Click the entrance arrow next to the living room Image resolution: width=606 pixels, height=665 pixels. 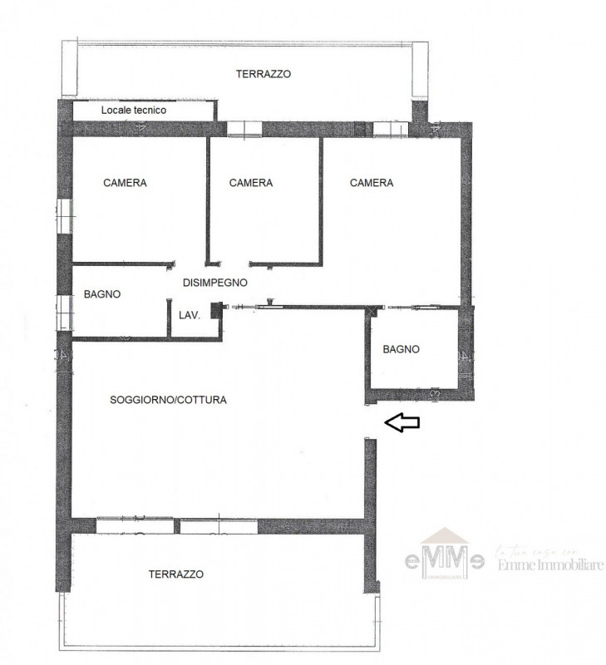pyautogui.click(x=402, y=423)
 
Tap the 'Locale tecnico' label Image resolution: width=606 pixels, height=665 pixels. pyautogui.click(x=134, y=110)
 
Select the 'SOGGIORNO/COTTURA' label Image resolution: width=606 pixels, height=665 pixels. pyautogui.click(x=168, y=400)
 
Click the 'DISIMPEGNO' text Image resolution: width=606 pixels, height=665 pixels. pyautogui.click(x=215, y=283)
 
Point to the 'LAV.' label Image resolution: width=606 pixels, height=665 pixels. pyautogui.click(x=189, y=315)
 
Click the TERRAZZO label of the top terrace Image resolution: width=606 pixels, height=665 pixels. pyautogui.click(x=263, y=74)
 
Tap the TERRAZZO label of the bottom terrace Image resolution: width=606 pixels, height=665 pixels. pyautogui.click(x=175, y=574)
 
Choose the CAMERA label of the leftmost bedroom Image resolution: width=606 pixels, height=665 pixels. pyautogui.click(x=125, y=183)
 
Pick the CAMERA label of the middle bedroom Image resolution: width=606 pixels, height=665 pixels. pyautogui.click(x=251, y=183)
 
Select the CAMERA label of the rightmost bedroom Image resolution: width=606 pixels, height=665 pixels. pyautogui.click(x=372, y=183)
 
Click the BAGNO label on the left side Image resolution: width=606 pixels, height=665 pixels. pyautogui.click(x=102, y=294)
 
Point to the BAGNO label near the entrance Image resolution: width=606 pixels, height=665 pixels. pyautogui.click(x=401, y=350)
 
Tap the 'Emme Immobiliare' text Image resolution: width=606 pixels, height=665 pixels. pyautogui.click(x=549, y=566)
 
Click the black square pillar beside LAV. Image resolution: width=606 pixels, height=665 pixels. pyautogui.click(x=217, y=310)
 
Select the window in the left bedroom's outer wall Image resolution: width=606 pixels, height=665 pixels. pyautogui.click(x=65, y=215)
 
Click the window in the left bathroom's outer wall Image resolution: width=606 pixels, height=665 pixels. pyautogui.click(x=65, y=313)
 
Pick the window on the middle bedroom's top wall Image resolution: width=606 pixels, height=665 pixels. pyautogui.click(x=244, y=129)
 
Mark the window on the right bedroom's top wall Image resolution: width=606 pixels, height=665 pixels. pyautogui.click(x=388, y=129)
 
